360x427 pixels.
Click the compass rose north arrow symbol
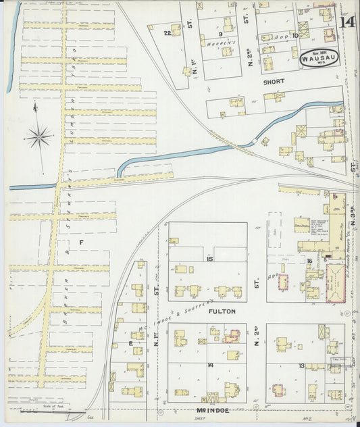(38, 136)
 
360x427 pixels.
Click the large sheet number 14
(348, 22)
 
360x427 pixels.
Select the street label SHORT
(274, 81)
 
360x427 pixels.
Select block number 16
(309, 261)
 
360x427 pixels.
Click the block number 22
(167, 32)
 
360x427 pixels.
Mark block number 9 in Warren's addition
(220, 33)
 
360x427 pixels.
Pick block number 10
(295, 35)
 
